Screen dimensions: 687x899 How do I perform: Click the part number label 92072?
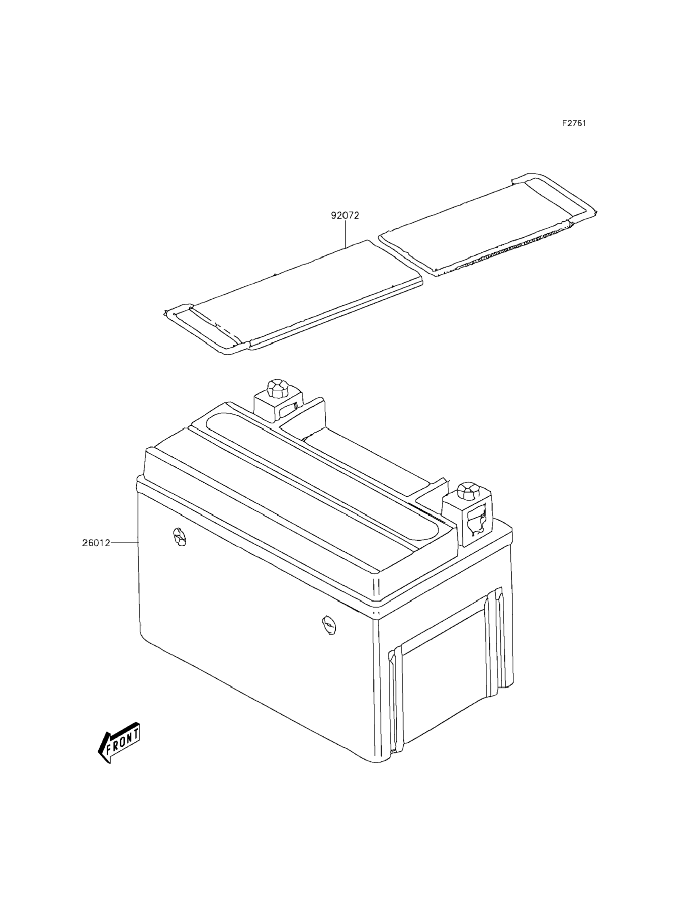tap(345, 216)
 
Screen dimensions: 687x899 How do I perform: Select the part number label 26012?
tap(96, 543)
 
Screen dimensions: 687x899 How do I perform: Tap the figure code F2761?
tap(573, 124)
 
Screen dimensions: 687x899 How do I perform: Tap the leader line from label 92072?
tap(345, 235)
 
